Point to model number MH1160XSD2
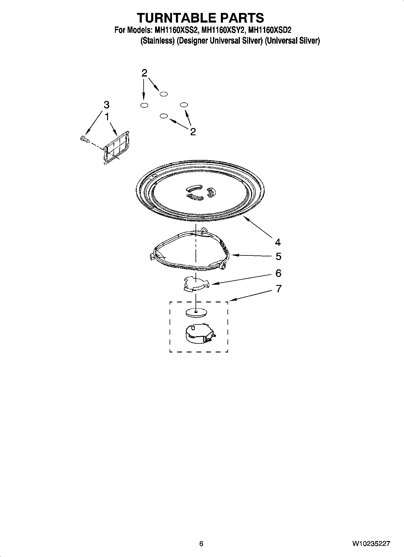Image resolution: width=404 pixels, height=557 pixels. (x=269, y=30)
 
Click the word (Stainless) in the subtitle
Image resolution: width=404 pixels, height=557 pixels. (x=157, y=41)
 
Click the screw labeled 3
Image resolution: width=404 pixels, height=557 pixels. (x=84, y=139)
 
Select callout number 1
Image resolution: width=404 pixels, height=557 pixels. (x=107, y=117)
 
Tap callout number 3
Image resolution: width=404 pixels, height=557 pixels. (x=106, y=105)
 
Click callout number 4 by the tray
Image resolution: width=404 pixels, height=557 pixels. (x=278, y=242)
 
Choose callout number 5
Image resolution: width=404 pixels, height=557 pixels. (x=278, y=257)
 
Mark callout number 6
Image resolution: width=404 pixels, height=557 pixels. (x=278, y=273)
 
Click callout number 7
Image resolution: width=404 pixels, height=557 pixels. (x=278, y=289)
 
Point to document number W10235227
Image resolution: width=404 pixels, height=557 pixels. (x=371, y=543)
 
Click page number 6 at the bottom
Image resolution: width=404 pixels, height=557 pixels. (x=201, y=543)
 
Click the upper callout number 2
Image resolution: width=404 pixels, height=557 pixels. (x=145, y=73)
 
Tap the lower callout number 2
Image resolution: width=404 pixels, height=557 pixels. (x=193, y=132)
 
